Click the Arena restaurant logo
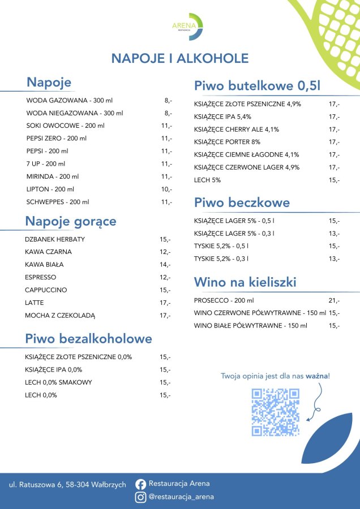point(187,27)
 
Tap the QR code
point(276,412)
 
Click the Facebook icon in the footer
point(141,484)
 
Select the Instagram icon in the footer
point(141,498)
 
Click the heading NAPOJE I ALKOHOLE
point(179,59)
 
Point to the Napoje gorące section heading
point(71,221)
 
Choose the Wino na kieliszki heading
point(245,282)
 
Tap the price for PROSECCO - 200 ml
point(334,300)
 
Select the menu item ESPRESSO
point(41,277)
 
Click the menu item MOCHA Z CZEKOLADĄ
point(61,316)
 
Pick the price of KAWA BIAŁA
point(165,265)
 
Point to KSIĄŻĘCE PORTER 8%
point(227,142)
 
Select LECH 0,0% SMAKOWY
point(58,382)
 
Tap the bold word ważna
point(318,376)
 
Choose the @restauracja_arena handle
point(181,498)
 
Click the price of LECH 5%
point(334,180)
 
